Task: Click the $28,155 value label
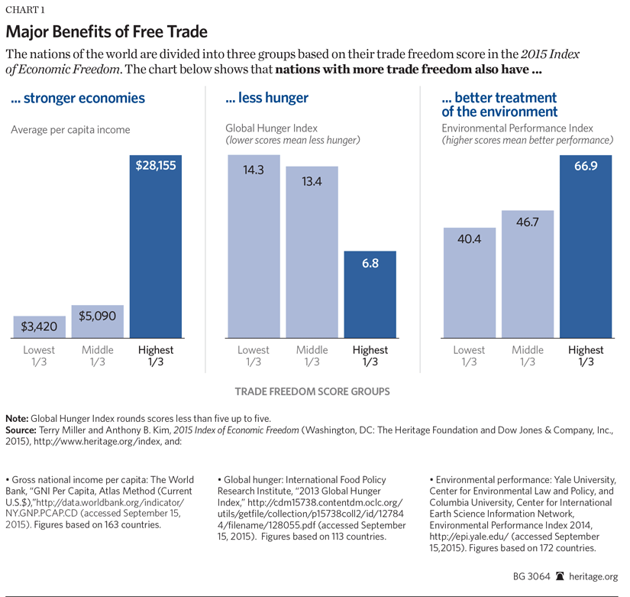click(x=156, y=165)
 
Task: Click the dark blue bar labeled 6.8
click(x=369, y=294)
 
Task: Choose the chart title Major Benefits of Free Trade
click(x=107, y=33)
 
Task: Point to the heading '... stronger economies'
click(x=78, y=99)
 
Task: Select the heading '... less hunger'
click(x=267, y=99)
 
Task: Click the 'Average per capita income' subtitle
click(x=70, y=130)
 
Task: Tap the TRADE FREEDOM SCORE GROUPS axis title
click(x=312, y=391)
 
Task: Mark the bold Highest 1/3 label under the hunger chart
click(x=370, y=356)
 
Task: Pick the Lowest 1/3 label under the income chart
click(x=40, y=356)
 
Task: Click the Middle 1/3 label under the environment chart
click(x=527, y=356)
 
